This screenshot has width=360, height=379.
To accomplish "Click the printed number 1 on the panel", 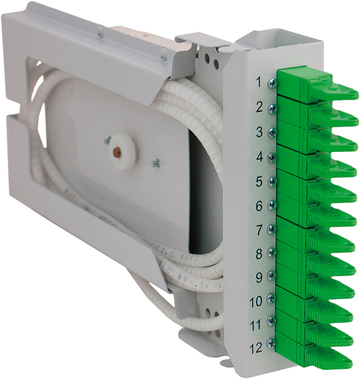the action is point(259,82).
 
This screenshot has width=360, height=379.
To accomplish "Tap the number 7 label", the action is point(259,230).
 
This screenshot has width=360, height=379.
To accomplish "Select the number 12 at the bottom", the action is point(256,348).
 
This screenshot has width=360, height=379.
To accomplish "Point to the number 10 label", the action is point(256,301).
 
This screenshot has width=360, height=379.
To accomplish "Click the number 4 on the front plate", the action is point(259,157).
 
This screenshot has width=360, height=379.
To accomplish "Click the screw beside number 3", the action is point(272,132).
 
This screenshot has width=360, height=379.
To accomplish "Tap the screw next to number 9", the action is point(272,275).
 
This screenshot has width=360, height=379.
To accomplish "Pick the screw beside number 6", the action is point(272,205).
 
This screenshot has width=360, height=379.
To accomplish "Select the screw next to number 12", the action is point(271,343).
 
